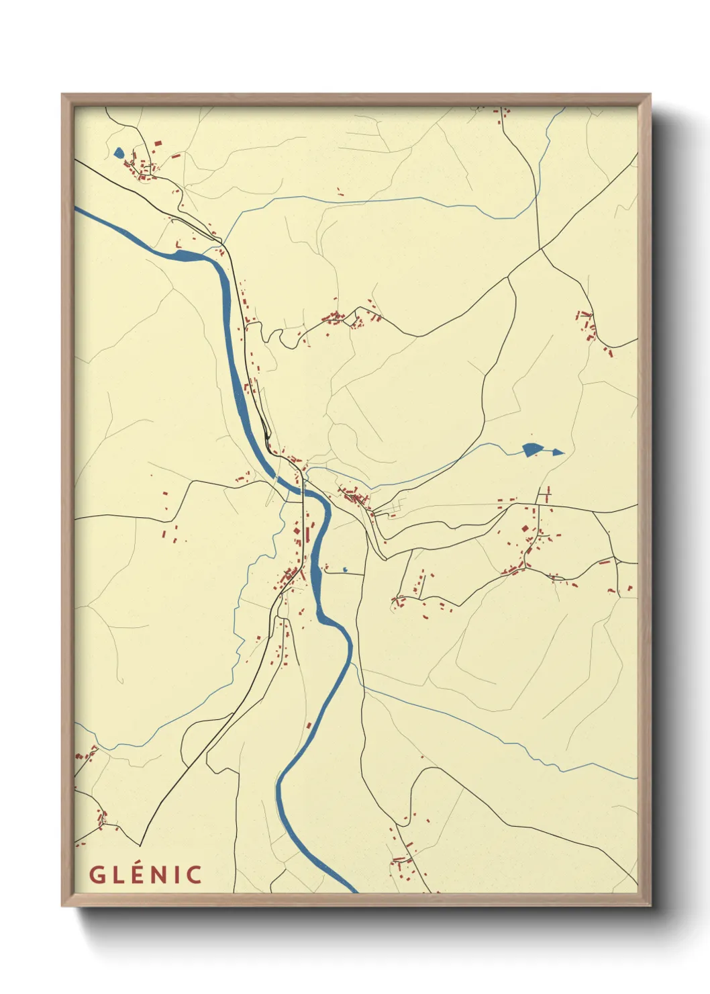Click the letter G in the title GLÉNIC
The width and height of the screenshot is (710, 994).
97,875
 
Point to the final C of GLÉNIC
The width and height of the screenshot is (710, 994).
195,875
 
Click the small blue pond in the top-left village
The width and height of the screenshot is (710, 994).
119,153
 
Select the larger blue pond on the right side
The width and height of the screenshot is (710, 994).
531,449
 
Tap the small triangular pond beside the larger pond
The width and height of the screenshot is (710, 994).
558,452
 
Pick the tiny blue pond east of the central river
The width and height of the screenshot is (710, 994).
345,570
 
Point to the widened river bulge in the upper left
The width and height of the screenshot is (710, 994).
191,255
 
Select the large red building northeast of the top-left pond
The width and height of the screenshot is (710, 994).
158,143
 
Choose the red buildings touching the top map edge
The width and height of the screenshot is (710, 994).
501,114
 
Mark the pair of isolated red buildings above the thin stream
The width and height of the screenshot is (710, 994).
340,193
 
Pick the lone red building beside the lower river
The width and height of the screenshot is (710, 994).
309,725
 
